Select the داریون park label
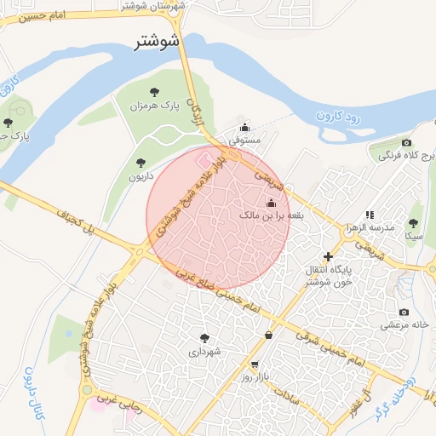[141, 176]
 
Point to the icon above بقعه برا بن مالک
[272, 203]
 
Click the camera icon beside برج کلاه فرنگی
[407, 142]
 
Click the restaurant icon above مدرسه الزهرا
[370, 215]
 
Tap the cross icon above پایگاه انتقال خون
[328, 256]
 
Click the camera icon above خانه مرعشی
[403, 312]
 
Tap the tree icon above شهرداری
[204, 337]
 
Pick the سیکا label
[415, 235]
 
